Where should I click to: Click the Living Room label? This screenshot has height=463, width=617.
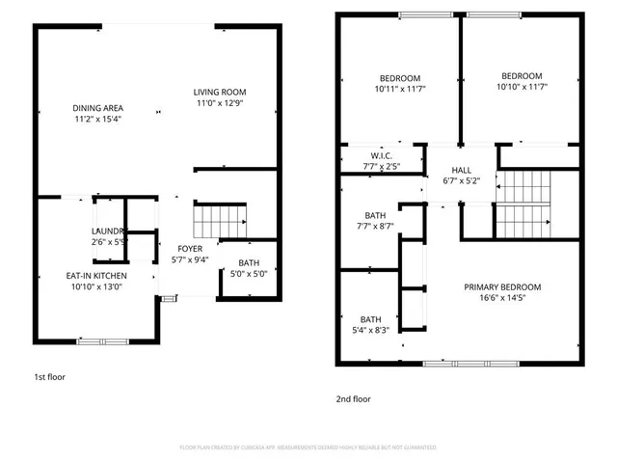[216, 96]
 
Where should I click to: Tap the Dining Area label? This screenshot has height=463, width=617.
[96, 113]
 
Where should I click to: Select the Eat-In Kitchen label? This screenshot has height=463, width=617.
[95, 281]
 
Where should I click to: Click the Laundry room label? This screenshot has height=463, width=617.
[109, 236]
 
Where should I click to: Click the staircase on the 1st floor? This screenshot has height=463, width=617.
[219, 221]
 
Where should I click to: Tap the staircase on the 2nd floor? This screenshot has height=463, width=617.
[522, 204]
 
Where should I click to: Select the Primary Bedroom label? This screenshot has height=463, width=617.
[501, 292]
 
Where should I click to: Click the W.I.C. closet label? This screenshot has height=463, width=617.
[381, 161]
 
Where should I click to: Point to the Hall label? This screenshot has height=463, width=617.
[461, 175]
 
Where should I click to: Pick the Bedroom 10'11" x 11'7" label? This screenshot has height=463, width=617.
[399, 83]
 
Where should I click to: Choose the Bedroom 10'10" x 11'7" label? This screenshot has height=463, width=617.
[521, 82]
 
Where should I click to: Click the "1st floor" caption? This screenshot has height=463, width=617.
[49, 377]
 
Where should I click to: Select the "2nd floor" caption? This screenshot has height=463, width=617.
[353, 398]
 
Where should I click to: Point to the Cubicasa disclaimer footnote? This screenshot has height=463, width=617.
[308, 448]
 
